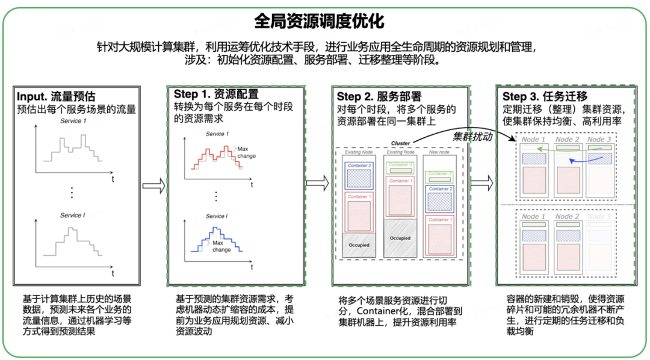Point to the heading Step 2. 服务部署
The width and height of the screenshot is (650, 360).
[379, 96]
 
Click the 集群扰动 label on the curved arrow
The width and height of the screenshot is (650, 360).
[472, 136]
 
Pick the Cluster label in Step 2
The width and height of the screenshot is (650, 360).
[400, 143]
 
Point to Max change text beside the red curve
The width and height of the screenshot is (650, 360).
[246, 152]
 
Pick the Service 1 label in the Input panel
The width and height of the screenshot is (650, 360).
[73, 121]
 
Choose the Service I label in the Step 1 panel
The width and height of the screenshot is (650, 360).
[217, 216]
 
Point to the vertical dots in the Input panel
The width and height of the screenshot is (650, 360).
[72, 192]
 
